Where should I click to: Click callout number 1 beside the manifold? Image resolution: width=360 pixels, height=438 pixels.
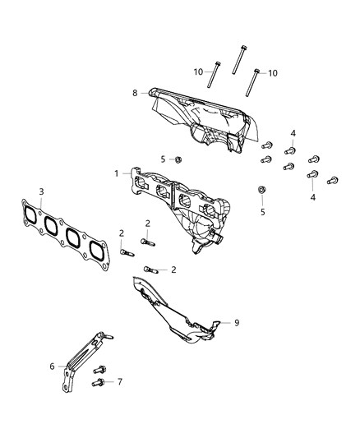coord(117,173)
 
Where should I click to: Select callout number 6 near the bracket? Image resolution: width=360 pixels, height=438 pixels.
coord(52,367)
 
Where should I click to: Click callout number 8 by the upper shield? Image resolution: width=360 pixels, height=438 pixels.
coord(135,94)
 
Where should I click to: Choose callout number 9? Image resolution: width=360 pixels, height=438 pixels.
coord(236,323)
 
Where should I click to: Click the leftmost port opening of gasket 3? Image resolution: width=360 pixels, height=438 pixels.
coord(30,216)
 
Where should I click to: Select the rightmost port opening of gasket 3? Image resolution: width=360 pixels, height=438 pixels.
coord(96,251)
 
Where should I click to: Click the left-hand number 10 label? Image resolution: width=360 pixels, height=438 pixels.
coord(199,72)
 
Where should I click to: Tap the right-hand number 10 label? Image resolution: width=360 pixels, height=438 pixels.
coord(272,73)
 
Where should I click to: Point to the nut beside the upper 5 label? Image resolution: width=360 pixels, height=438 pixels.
coord(178,158)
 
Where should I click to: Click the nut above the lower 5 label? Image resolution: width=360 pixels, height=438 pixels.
coord(261,191)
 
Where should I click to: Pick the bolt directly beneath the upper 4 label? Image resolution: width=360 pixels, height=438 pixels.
coord(290,150)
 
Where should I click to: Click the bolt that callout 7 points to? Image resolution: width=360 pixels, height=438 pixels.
coord(98,381)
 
